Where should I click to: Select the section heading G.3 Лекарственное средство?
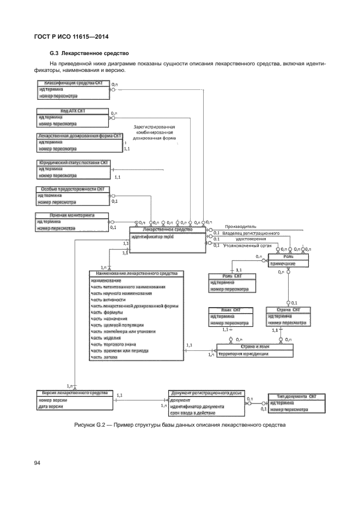pyautogui.click(x=88, y=53)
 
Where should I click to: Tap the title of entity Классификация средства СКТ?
pyautogui.click(x=74, y=83)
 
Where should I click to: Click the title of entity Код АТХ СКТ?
pyautogui.click(x=72, y=111)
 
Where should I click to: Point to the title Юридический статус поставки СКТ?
pyautogui.click(x=74, y=162)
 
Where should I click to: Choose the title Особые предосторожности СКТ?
pyautogui.click(x=73, y=189)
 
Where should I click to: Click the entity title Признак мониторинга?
pyautogui.click(x=72, y=215)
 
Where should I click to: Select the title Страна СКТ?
pyautogui.click(x=289, y=309)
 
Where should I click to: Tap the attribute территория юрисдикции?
pyautogui.click(x=243, y=354)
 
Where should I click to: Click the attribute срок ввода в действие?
pyautogui.click(x=192, y=413)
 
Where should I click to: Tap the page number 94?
pyautogui.click(x=38, y=463)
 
